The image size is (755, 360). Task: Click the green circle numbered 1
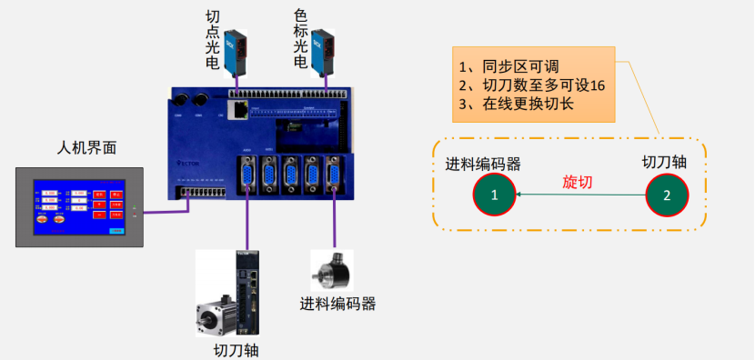pos(494,194)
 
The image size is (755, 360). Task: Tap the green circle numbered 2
pos(667,194)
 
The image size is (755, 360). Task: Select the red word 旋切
pos(578,182)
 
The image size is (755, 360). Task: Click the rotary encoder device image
pos(330,271)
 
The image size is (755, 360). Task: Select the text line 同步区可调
pos(515,66)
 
